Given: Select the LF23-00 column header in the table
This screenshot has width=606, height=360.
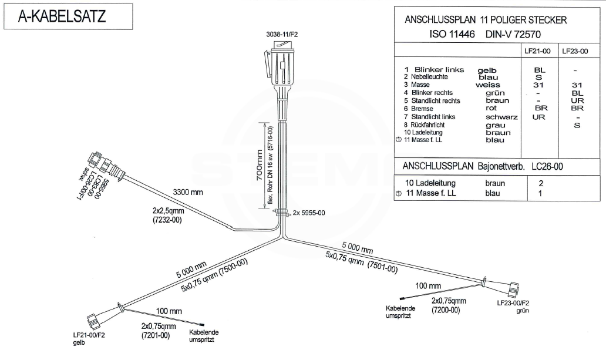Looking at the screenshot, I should pyautogui.click(x=575, y=51).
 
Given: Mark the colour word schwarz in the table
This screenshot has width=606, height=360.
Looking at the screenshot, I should pyautogui.click(x=501, y=117).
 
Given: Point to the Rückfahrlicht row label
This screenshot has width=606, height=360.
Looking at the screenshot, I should pyautogui.click(x=431, y=125).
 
